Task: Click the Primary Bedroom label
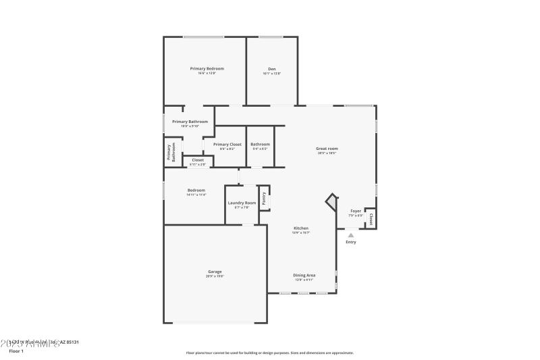pos(207,69)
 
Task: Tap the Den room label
pos(271,69)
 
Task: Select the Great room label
pos(327,149)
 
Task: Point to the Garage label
pos(215,272)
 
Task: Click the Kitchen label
pos(300,228)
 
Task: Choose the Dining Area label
pos(304,275)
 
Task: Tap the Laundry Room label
pos(241,203)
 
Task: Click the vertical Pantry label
pos(264,198)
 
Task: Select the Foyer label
pos(355,211)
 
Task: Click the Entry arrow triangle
pos(350,235)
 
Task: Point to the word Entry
pos(350,242)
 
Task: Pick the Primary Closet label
pos(227,145)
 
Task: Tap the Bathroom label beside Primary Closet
pos(260,145)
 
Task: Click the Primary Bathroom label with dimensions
pos(190,122)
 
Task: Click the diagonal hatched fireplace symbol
pos(331,202)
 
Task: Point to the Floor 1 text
pos(16,351)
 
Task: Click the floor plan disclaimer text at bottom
pos(269,353)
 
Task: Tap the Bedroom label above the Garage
pos(196,190)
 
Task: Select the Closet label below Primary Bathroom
pos(197,160)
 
